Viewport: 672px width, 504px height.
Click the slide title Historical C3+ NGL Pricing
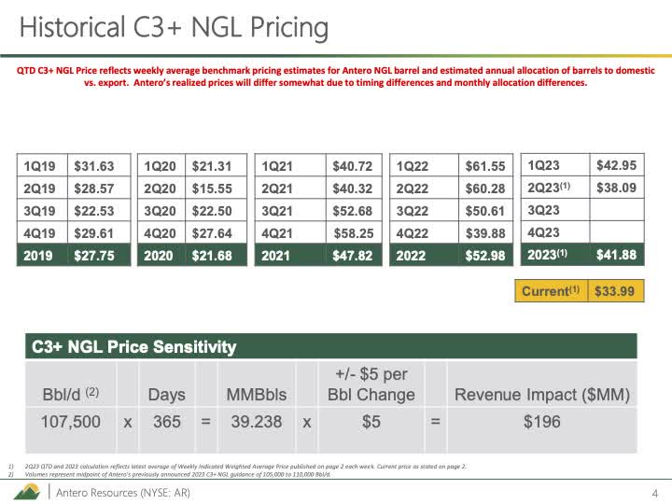pos(174,28)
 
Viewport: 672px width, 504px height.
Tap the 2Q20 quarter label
pos(161,189)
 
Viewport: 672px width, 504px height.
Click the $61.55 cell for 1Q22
pos(485,166)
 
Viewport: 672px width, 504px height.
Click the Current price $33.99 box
pos(615,291)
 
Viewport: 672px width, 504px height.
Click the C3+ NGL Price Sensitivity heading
pos(134,347)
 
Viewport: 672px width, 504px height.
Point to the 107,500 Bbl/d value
pos(70,422)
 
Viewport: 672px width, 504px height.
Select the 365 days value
pos(167,422)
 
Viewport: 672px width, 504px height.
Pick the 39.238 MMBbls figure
pos(256,422)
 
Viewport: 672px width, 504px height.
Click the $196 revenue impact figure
pos(541,422)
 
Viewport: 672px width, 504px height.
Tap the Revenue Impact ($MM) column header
pos(541,395)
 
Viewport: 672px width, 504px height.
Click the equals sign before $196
pos(435,422)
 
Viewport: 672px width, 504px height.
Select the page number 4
pos(654,492)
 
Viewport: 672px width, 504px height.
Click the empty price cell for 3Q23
pos(616,209)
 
